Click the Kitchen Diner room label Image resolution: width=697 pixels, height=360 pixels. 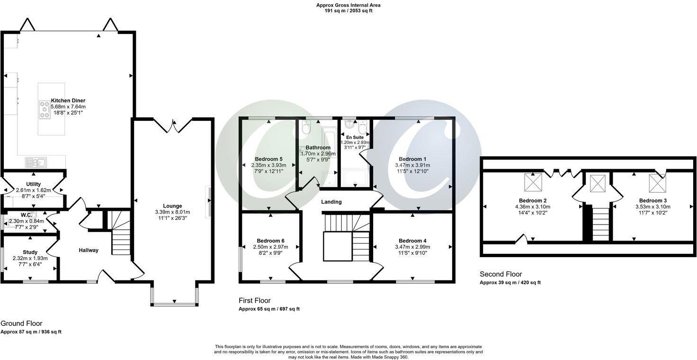pos(68,100)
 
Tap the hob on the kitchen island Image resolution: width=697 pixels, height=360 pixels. pos(45,109)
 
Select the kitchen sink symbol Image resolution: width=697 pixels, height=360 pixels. pos(36,162)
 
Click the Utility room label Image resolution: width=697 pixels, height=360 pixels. pos(34,184)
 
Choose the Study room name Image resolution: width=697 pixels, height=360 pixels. pos(30,252)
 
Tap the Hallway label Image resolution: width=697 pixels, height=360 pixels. pos(89,250)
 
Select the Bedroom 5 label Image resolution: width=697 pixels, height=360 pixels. pos(268,159)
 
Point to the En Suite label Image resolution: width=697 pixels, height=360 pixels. pos(356,137)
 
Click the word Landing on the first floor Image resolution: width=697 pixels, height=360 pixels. pos(331,202)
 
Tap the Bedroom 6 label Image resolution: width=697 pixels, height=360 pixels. pos(270,241)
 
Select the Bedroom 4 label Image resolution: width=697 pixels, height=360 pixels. pos(412,240)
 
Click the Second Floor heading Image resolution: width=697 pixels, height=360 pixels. pos(500,274)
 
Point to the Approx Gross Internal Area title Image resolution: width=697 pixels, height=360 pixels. pos(348,5)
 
